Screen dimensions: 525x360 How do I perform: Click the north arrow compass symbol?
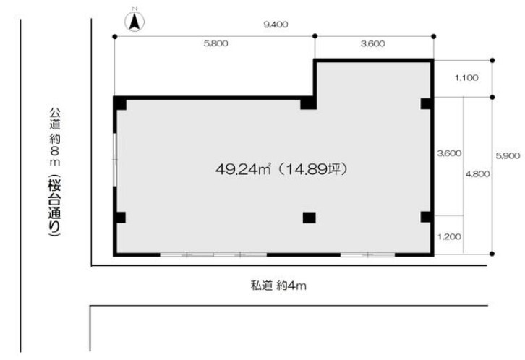click(135, 21)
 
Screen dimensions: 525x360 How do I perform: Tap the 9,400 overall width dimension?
click(276, 25)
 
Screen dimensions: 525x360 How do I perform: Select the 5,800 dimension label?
click(215, 43)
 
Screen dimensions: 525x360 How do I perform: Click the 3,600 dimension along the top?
click(372, 44)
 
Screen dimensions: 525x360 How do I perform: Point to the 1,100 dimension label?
click(466, 78)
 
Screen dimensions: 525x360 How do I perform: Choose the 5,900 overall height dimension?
click(508, 155)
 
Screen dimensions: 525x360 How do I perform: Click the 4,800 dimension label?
click(477, 174)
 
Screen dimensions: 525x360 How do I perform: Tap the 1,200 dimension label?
click(449, 237)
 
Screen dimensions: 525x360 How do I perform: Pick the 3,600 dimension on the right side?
click(449, 153)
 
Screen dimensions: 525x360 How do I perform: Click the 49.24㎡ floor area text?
click(243, 169)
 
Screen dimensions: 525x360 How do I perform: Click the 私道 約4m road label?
click(278, 286)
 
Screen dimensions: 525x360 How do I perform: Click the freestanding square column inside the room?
click(309, 218)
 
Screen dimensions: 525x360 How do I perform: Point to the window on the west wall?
click(115, 159)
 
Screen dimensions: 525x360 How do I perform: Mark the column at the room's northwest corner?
click(120, 104)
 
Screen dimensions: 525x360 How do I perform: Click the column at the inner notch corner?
click(308, 103)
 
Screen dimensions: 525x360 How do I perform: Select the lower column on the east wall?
click(426, 217)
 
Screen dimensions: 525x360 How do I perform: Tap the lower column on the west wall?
click(120, 218)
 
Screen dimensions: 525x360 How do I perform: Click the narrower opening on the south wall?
click(367, 255)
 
